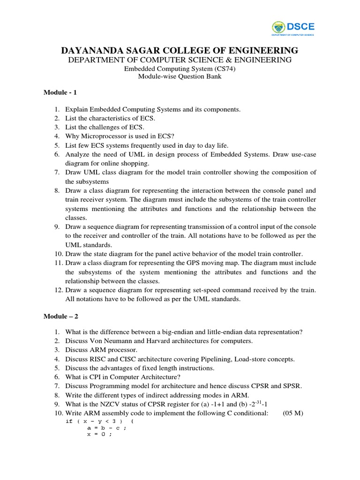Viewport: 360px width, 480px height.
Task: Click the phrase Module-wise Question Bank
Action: (x=180, y=77)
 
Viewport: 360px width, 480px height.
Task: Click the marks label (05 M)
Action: (x=295, y=413)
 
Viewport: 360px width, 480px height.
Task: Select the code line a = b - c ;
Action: (x=106, y=427)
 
